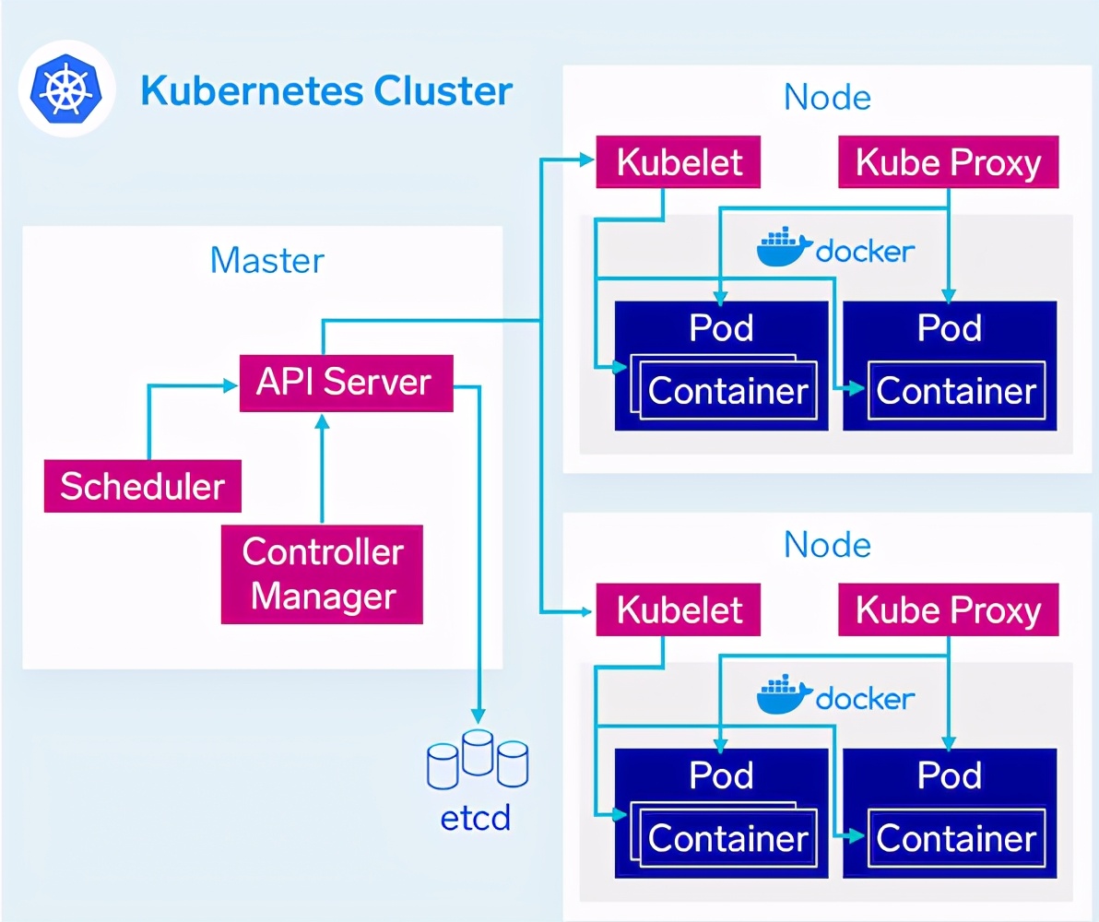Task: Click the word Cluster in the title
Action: [443, 90]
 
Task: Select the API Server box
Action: [347, 383]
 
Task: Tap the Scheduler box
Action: [143, 486]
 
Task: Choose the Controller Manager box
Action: [322, 574]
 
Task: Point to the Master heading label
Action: [267, 260]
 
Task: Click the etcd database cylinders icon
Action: [478, 760]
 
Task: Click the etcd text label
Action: [475, 818]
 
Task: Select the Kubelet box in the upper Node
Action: [678, 162]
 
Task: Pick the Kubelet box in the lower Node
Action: [678, 610]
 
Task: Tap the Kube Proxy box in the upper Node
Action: [949, 162]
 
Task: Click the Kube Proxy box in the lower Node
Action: [949, 610]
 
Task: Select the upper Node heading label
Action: [827, 98]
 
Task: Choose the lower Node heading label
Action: [827, 545]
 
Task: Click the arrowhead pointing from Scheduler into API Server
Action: [230, 384]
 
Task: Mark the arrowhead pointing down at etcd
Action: [478, 715]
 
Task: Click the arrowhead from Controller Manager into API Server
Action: [323, 421]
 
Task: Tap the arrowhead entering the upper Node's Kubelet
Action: [587, 160]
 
